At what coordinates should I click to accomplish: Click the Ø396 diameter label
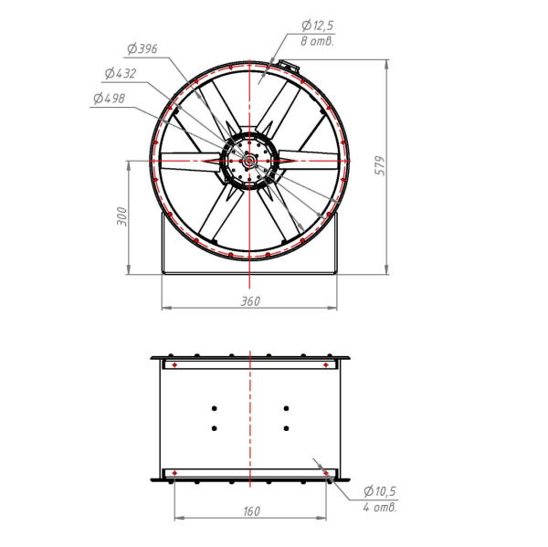click(x=142, y=48)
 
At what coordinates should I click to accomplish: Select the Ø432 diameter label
click(x=121, y=73)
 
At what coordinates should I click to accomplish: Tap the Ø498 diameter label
click(x=109, y=99)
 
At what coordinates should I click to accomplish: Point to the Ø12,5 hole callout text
click(x=317, y=26)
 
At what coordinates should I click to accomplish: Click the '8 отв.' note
click(x=317, y=42)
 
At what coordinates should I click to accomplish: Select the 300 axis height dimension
click(x=121, y=216)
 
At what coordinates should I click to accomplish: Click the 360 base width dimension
click(x=250, y=301)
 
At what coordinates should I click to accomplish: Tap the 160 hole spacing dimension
click(x=251, y=511)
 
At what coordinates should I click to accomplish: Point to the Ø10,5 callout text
click(x=380, y=491)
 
